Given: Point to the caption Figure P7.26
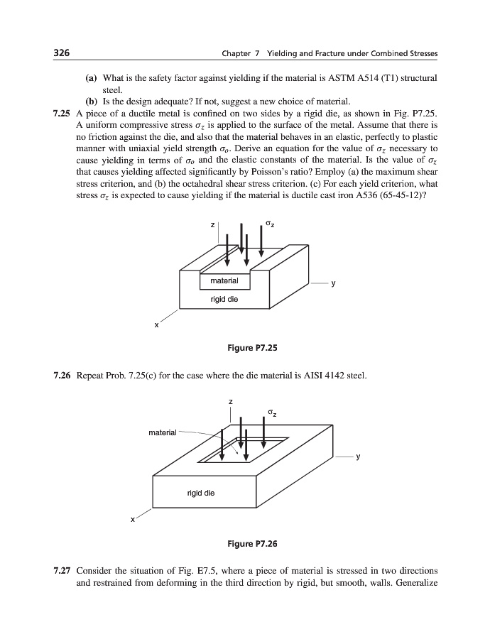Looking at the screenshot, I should click(x=245, y=544).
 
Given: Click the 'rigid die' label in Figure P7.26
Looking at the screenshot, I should click(x=200, y=493).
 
